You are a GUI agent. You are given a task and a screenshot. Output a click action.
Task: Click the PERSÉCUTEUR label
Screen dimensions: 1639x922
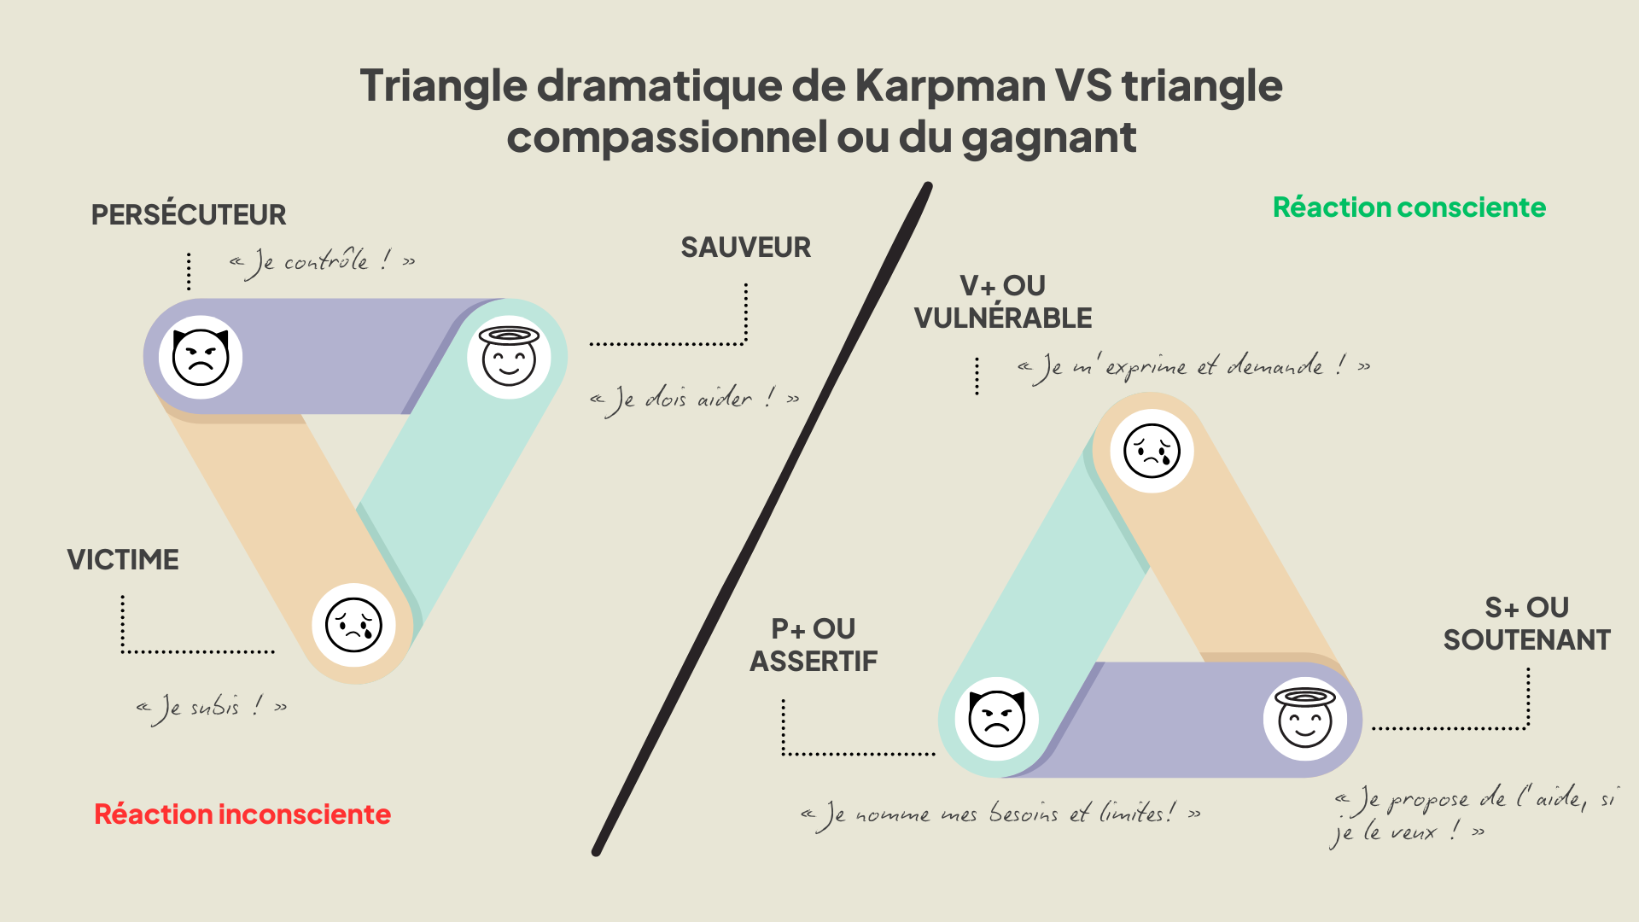tap(189, 215)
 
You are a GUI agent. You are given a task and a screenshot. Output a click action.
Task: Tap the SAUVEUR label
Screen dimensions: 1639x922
tap(745, 248)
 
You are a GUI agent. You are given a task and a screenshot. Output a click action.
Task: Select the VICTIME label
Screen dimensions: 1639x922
tap(123, 560)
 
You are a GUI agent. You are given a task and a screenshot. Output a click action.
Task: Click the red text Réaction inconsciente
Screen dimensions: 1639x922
tap(242, 814)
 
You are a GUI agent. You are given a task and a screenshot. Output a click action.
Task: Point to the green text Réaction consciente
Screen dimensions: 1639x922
tap(1409, 207)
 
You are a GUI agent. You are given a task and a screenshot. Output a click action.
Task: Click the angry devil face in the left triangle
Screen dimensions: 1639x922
tap(201, 357)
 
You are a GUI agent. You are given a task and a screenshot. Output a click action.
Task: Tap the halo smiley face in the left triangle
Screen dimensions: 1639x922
tap(509, 357)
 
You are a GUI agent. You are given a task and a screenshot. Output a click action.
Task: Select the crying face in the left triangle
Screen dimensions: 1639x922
tap(353, 625)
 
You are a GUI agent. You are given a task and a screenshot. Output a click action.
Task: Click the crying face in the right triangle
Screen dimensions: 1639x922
tap(1152, 451)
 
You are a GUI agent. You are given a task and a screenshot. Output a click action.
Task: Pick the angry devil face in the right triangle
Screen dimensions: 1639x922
tap(996, 719)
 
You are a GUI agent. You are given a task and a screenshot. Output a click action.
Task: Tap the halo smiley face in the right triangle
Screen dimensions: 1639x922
tap(1304, 719)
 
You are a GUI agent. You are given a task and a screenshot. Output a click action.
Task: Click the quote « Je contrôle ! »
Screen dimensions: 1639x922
tap(323, 261)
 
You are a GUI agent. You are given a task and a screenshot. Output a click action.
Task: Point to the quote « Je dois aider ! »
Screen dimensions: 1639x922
tap(695, 399)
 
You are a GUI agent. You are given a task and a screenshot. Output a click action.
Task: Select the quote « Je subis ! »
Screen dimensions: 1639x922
tap(212, 707)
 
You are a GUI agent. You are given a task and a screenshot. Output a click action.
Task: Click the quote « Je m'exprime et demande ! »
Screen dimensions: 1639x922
tap(1193, 367)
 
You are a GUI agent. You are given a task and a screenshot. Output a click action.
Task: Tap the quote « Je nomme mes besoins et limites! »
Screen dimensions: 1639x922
tap(1000, 814)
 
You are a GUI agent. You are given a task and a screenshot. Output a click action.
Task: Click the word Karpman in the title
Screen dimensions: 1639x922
tap(950, 86)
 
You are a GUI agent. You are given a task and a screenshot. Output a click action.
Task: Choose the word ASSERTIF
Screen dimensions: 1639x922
tap(814, 662)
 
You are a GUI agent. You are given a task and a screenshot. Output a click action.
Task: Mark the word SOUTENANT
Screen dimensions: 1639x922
tap(1526, 640)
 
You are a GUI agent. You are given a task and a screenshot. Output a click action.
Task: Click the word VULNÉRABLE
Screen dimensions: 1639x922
tap(1002, 318)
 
